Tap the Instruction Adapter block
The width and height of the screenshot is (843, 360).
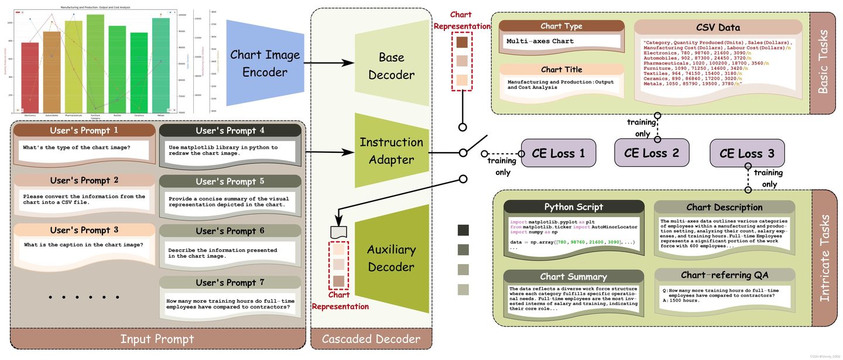[391, 150]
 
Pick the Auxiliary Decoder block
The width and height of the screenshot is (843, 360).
[390, 258]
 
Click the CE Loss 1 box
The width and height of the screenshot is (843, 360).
[558, 154]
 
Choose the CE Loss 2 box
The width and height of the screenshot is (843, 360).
[651, 154]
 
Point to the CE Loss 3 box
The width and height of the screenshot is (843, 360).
[746, 154]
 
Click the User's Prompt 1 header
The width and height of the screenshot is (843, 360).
[84, 131]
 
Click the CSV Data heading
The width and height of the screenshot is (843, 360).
[718, 27]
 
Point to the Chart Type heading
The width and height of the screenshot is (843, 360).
[561, 26]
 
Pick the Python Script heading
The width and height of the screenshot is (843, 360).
[574, 207]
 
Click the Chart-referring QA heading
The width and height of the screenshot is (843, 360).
[724, 275]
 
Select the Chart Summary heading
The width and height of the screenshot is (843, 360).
[574, 276]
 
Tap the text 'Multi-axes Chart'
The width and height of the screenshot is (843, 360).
[540, 42]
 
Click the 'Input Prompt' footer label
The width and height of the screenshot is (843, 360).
[157, 339]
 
